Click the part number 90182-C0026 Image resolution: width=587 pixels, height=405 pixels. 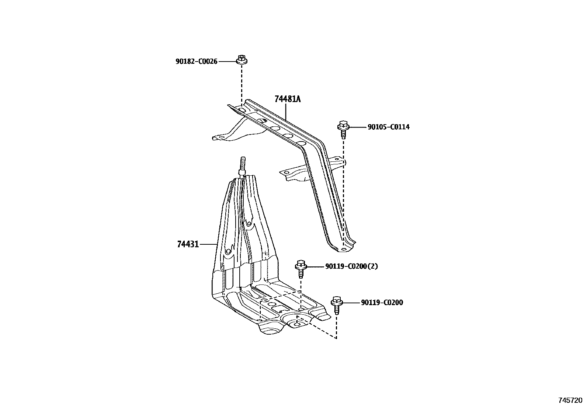click(196, 61)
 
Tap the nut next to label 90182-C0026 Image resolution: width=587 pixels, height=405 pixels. click(242, 60)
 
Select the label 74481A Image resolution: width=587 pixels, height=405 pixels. click(287, 99)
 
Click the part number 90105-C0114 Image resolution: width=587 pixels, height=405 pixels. click(388, 127)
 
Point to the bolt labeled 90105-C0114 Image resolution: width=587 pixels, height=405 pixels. click(343, 130)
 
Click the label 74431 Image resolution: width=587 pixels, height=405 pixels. click(188, 244)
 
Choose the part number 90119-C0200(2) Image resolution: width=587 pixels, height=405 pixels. click(351, 266)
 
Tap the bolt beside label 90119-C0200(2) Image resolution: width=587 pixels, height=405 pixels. click(301, 269)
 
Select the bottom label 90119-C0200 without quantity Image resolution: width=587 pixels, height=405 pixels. click(382, 303)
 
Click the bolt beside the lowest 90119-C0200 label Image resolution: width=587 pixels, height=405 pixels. click(336, 304)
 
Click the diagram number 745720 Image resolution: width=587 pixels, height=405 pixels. click(570, 400)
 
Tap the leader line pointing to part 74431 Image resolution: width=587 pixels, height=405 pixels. click(209, 244)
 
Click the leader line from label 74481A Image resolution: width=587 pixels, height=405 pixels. click(286, 112)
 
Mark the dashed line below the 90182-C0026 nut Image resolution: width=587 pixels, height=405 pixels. click(242, 85)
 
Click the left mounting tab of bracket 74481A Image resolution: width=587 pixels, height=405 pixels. click(221, 138)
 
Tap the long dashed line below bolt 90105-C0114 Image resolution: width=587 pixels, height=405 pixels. click(344, 192)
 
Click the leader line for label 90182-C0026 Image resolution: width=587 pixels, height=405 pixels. click(227, 61)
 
